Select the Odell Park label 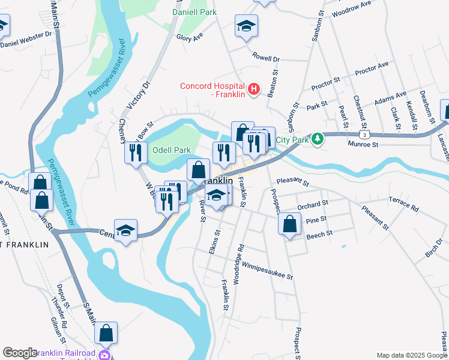pyautogui.click(x=171, y=149)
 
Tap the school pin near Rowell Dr pyautogui.click(x=246, y=26)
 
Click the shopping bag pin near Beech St pyautogui.click(x=289, y=224)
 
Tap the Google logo pyautogui.click(x=20, y=353)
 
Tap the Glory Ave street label pyautogui.click(x=190, y=37)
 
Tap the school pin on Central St pyautogui.click(x=126, y=230)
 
